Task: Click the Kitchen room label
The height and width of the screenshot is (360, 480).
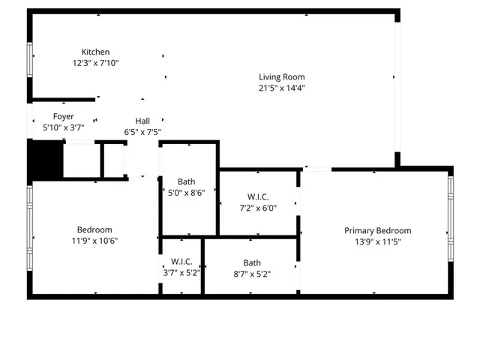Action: coord(95,52)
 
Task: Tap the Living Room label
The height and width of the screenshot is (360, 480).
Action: coord(282,76)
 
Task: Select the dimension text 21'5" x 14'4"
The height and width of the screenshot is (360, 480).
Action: coord(282,88)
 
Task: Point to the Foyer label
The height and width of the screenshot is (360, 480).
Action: coord(63,116)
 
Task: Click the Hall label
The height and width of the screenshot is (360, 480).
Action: coord(142,121)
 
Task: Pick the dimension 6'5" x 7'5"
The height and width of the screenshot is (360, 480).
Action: coord(142,132)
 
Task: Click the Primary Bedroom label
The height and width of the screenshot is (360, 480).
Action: coord(378,231)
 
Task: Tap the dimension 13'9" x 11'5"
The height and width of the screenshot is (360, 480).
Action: coord(378,242)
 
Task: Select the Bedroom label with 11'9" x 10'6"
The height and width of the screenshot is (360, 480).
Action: coord(94,229)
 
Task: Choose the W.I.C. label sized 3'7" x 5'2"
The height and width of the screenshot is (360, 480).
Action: coord(181,262)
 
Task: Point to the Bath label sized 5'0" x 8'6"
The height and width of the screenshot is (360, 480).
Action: coord(186,181)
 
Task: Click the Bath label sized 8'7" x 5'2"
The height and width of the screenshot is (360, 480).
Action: coord(252,262)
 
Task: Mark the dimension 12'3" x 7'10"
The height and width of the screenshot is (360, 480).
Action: coord(95,63)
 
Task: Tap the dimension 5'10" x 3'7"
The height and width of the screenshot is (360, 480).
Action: coord(63,127)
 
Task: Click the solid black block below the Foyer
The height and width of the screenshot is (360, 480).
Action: coord(44,160)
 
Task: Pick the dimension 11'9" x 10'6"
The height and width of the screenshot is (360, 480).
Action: coord(94,241)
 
